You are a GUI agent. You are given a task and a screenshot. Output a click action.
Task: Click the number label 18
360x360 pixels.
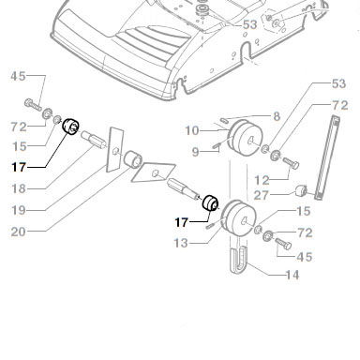pyautogui.click(x=19, y=188)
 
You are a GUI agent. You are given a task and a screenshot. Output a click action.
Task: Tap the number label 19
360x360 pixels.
pyautogui.click(x=19, y=210)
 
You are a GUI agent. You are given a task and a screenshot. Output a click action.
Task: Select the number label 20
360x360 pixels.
pyautogui.click(x=19, y=232)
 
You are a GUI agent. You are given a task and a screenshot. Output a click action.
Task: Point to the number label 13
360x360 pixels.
pyautogui.click(x=181, y=243)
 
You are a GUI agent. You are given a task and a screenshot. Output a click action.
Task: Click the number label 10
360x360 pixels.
pyautogui.click(x=192, y=130)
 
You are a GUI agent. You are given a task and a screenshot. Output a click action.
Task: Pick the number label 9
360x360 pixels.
pyautogui.click(x=195, y=152)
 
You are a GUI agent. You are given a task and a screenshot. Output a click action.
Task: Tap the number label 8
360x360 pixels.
pyautogui.click(x=277, y=116)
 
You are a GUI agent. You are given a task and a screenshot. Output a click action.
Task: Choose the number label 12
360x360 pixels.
pyautogui.click(x=262, y=180)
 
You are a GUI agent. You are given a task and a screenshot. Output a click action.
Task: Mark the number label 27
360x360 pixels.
pyautogui.click(x=262, y=195)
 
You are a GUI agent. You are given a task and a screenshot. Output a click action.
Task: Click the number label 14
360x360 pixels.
pyautogui.click(x=292, y=275)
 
